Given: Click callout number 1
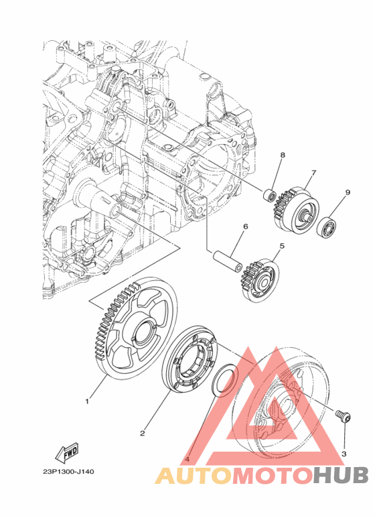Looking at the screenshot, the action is [x=87, y=401].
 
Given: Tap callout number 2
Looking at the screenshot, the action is [x=142, y=433].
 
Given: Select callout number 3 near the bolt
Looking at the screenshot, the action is [x=344, y=454].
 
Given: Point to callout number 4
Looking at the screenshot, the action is [x=187, y=459].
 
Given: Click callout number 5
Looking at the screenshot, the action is [x=282, y=246].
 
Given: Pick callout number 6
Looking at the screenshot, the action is [x=245, y=226].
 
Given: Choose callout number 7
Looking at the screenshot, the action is [x=313, y=172].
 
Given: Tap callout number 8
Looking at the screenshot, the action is [x=283, y=155].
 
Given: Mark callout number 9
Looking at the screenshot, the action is [x=348, y=192].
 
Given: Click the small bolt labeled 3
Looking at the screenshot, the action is [x=344, y=415].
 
